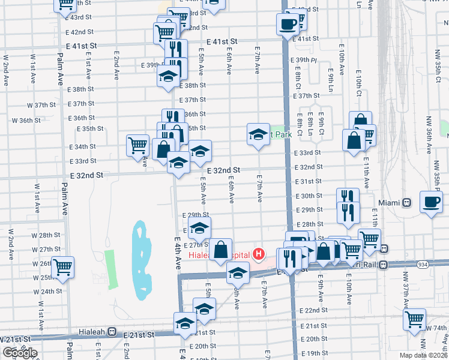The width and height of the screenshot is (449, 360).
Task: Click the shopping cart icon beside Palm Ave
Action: [62, 268]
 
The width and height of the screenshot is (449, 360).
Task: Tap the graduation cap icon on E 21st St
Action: [184, 324]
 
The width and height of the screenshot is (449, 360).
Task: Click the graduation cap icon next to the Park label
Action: [258, 134]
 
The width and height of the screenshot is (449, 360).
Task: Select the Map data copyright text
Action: [424, 355]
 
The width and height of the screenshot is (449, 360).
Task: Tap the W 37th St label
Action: [41, 105]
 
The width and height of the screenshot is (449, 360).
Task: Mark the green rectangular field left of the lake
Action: [109, 267]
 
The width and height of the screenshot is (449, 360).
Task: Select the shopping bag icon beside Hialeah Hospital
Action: [221, 249]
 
